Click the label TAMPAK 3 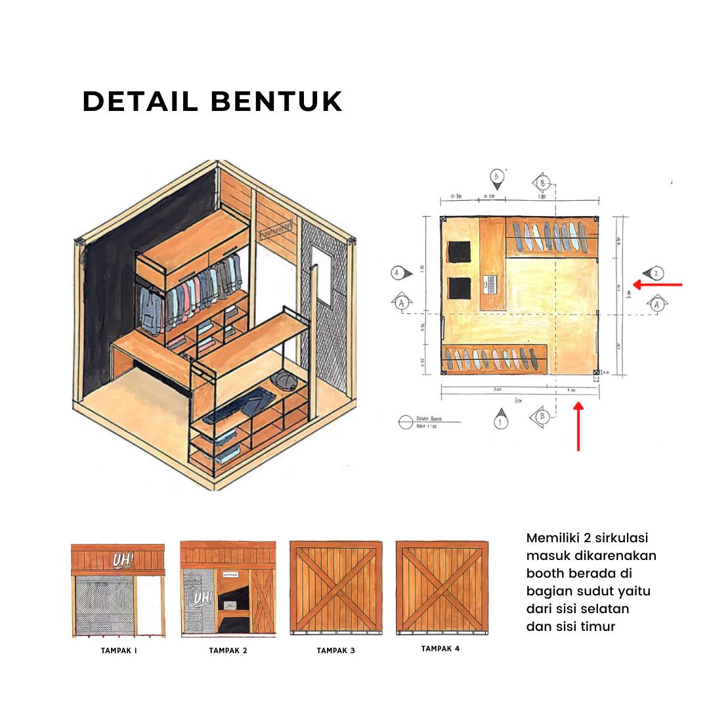[x=335, y=651]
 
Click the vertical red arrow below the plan [x=578, y=427]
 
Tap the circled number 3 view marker [x=498, y=177]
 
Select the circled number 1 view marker [x=501, y=421]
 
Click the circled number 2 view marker [x=656, y=273]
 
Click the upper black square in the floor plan [x=460, y=251]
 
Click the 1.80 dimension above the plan [x=542, y=196]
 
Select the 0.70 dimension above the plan [x=456, y=196]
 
